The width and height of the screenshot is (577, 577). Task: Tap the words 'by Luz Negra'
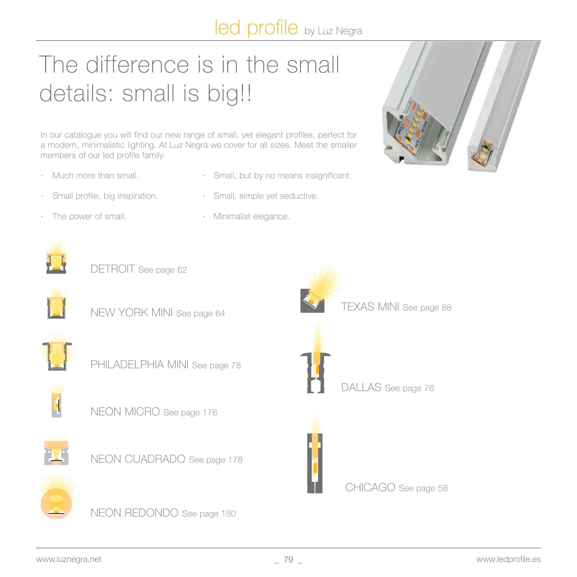click(333, 31)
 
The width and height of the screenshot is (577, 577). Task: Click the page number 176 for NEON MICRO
click(210, 413)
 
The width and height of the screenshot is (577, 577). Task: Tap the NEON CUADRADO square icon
click(56, 453)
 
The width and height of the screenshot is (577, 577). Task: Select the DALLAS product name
click(361, 387)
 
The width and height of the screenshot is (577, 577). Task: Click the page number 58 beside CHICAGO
click(443, 488)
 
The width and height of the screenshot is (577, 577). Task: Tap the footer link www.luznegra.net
click(69, 559)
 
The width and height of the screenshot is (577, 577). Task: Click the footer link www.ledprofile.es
click(509, 559)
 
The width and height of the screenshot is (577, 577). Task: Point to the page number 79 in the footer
click(288, 559)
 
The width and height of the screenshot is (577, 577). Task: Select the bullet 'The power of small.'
click(89, 216)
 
